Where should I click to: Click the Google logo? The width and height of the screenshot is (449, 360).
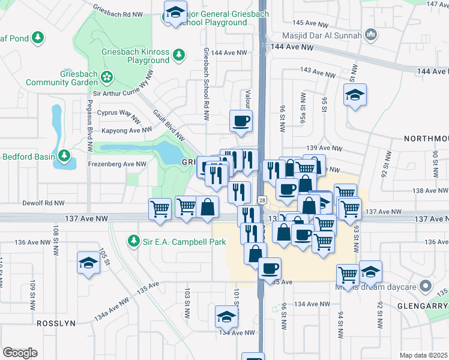pos(20,353)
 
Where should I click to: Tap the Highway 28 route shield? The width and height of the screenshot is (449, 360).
pos(262,200)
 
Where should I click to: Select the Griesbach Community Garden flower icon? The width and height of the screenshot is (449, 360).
pos(107,76)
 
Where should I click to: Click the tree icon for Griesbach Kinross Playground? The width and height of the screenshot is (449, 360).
pos(178,55)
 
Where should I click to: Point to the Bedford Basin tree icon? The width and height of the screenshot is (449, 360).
pos(64,157)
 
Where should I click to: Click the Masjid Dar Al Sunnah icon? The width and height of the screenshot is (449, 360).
pos(371,35)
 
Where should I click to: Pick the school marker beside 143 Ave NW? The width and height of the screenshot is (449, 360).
pos(355,95)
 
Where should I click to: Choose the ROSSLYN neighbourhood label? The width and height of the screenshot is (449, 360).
pos(56,323)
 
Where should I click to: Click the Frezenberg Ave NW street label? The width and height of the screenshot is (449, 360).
pos(117,164)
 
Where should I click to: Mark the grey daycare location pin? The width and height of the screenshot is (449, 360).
pos(426,286)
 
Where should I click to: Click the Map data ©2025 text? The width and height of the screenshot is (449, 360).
pos(423,355)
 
